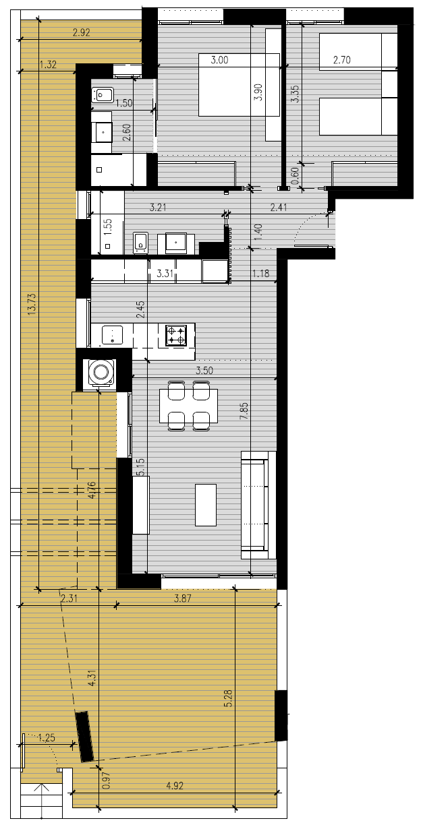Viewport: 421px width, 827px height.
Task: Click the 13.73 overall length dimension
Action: (32, 304)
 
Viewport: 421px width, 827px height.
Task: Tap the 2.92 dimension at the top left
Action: (82, 32)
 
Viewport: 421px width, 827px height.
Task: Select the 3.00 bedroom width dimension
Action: (219, 60)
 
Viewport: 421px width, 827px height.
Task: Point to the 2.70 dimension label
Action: (342, 60)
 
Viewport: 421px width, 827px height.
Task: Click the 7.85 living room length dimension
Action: (244, 410)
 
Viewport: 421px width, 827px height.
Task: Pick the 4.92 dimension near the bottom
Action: (175, 785)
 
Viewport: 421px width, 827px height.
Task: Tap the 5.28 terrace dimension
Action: (228, 698)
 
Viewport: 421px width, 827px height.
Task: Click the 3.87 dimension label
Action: (183, 598)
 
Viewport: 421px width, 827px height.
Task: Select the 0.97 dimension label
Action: (107, 780)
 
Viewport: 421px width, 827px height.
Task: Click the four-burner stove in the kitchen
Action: (176, 335)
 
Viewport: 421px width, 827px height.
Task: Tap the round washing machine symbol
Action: (100, 372)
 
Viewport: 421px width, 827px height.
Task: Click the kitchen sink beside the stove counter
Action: (113, 335)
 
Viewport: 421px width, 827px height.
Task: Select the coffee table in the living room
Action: (206, 505)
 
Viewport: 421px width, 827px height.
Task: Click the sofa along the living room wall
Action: (258, 505)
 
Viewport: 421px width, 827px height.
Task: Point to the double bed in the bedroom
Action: (239, 85)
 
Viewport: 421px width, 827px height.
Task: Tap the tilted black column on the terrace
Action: (84, 736)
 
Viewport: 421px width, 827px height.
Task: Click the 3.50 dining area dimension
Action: (204, 371)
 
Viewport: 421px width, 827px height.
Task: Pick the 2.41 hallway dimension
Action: (279, 207)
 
